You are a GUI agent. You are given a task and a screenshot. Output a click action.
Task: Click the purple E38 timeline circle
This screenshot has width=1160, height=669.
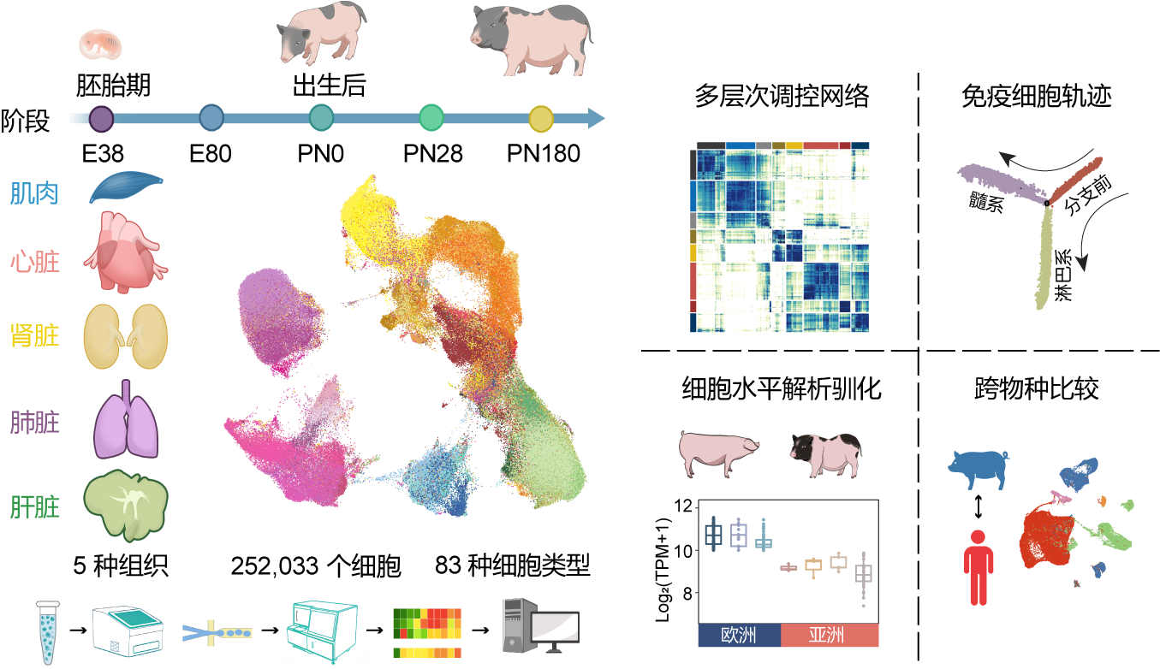102,118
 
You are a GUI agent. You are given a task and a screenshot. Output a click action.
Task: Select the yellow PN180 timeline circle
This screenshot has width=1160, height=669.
541,118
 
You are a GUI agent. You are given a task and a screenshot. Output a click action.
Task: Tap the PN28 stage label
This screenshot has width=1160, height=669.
433,154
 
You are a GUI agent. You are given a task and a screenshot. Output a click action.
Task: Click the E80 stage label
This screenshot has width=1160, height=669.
211,154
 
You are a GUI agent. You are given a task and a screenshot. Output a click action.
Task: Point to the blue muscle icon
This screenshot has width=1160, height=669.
126,186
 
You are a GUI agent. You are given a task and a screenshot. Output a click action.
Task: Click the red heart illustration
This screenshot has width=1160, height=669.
126,252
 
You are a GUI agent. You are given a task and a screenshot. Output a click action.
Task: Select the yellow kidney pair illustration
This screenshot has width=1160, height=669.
126,336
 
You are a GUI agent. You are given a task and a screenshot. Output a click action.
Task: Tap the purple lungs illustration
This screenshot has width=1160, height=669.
126,419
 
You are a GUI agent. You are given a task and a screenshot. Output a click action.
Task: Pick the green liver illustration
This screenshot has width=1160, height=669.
126,506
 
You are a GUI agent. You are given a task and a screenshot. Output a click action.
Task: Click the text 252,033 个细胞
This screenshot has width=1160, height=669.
316,565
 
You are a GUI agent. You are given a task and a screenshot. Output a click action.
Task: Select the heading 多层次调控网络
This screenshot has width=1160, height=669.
782,96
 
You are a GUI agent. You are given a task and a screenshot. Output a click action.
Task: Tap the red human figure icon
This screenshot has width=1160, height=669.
979,567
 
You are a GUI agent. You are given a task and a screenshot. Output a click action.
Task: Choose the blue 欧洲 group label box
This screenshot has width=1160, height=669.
739,635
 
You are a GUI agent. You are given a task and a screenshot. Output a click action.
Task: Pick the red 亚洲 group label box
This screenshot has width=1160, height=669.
830,635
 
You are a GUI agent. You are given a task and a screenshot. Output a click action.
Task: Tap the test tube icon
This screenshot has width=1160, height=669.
48,632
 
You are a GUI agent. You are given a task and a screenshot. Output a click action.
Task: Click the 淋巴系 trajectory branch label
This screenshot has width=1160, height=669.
1063,275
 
